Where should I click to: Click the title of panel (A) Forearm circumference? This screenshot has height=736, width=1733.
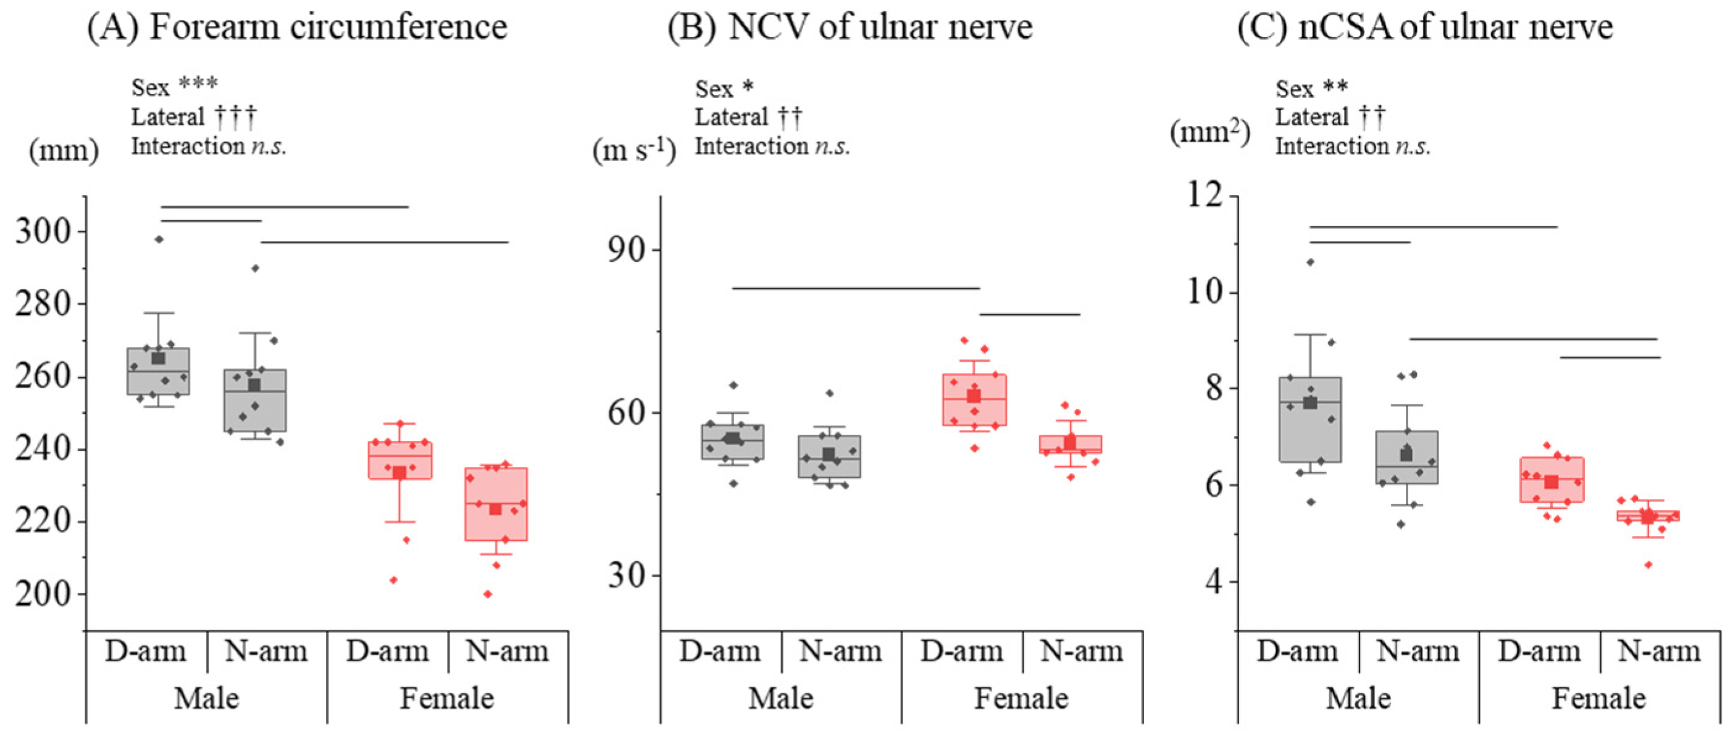pos(297,28)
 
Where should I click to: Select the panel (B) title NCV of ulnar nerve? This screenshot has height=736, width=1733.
pos(850,28)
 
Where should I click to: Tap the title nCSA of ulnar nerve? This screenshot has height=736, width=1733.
pos(1425,28)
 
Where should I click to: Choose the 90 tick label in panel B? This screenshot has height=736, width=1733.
pos(625,249)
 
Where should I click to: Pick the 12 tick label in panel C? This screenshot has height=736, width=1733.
pos(1205,196)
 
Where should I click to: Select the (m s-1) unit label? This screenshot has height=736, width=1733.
pos(633,149)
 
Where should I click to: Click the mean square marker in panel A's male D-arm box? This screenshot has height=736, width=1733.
pos(158,358)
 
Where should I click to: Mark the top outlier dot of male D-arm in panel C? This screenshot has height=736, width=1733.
pos(1311,262)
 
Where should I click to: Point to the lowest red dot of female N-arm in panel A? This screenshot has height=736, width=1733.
pos(488,594)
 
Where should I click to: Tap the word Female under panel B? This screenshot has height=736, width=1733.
pos(1021,698)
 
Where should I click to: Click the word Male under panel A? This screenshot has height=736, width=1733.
pos(207,698)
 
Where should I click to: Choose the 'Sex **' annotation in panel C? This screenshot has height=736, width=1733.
pos(1311,89)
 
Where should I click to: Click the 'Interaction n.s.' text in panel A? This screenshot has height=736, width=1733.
pos(209,146)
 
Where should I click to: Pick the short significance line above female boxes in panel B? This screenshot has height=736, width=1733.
pos(1029,314)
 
